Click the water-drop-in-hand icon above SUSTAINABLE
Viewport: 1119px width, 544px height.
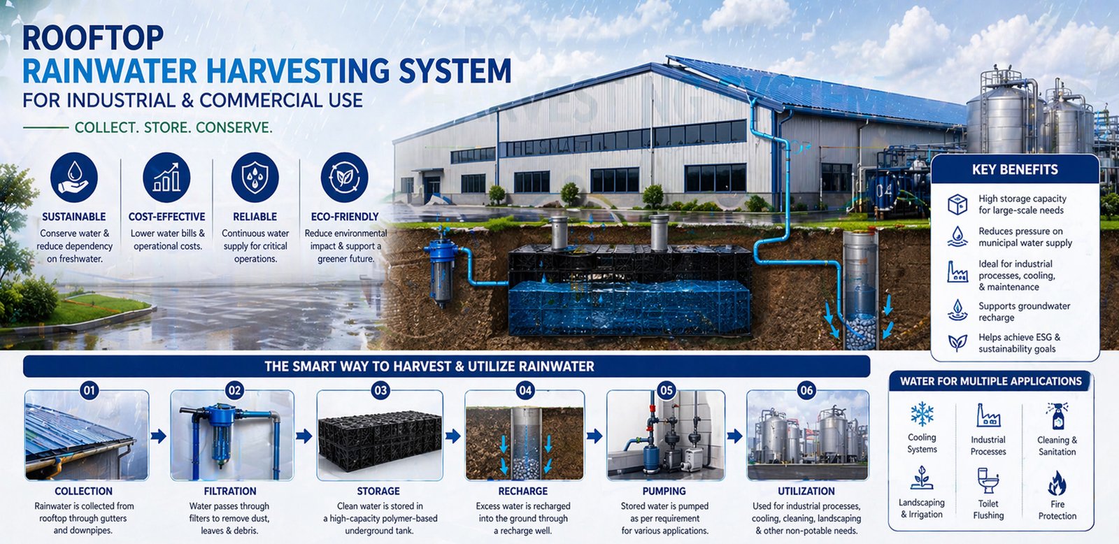(x=74, y=178)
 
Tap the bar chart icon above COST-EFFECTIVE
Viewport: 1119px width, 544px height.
(x=166, y=178)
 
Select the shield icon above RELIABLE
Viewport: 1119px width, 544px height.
(x=255, y=178)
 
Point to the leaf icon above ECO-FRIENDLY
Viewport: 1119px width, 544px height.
(x=344, y=178)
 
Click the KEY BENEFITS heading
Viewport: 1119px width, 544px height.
(x=1015, y=170)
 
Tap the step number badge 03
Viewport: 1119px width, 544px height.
(x=380, y=390)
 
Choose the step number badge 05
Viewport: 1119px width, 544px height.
(x=667, y=390)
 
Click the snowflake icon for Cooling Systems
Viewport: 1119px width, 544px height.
(x=922, y=414)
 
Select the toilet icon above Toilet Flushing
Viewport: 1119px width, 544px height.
(x=988, y=480)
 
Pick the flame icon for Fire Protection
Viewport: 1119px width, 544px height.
(x=1057, y=482)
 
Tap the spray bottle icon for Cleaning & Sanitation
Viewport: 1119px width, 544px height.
(x=1057, y=416)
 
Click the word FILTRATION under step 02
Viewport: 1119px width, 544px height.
(x=230, y=491)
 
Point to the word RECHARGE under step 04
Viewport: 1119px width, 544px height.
(x=523, y=491)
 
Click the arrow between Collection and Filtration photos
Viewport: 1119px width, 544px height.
(x=159, y=436)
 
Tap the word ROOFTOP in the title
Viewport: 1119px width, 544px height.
(x=93, y=38)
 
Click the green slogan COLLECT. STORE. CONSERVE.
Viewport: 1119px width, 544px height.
(x=173, y=128)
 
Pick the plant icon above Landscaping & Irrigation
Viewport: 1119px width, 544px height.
(x=922, y=478)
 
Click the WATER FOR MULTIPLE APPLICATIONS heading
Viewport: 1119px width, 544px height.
(x=991, y=382)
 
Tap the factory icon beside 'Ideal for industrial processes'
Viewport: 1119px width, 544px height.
(x=957, y=272)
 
